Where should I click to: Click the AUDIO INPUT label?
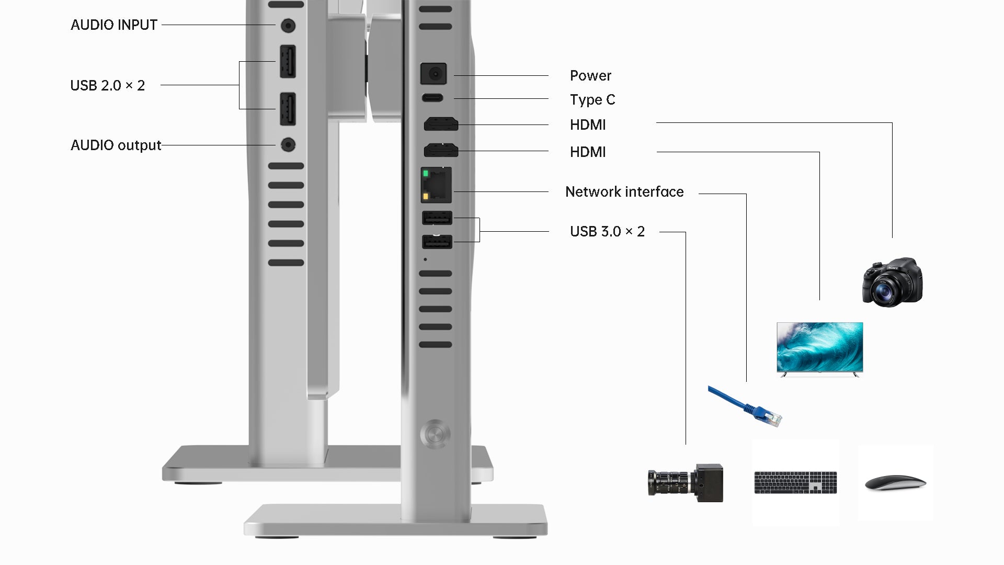click(x=114, y=25)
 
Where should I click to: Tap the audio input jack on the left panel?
click(x=288, y=25)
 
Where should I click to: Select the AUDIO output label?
click(x=116, y=145)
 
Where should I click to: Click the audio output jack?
click(x=288, y=144)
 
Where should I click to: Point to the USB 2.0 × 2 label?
click(x=108, y=85)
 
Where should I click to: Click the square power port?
click(x=433, y=74)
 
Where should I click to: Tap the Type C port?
click(x=432, y=98)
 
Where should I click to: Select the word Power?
click(x=590, y=76)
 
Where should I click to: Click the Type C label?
click(x=592, y=100)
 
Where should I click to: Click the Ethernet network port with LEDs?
click(x=436, y=185)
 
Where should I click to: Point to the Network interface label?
click(x=624, y=192)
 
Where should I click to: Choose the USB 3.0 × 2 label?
click(x=607, y=231)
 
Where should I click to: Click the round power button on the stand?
click(x=435, y=434)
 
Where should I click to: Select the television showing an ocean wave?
click(x=819, y=349)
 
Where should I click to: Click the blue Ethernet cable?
click(x=745, y=406)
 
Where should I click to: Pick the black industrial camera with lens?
click(x=686, y=482)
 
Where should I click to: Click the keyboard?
click(x=795, y=482)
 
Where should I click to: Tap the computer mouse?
click(x=895, y=483)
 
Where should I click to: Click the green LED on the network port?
click(x=426, y=174)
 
